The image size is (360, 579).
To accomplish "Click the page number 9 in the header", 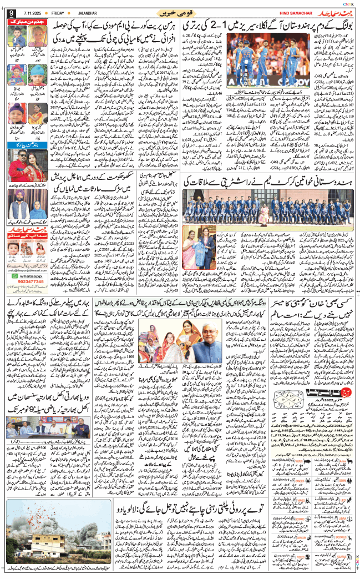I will click(11, 13).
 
